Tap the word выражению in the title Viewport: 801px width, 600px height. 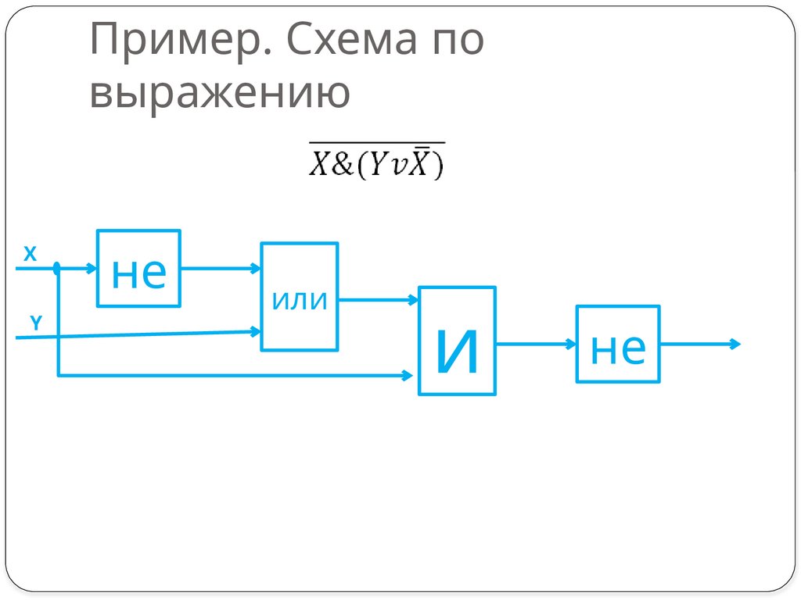pos(219,93)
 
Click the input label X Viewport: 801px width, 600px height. pos(30,254)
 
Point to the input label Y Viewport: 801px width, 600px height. pos(36,321)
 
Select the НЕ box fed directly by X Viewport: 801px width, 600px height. pos(139,268)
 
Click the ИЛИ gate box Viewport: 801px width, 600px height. pos(300,297)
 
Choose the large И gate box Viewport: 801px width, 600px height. pos(458,341)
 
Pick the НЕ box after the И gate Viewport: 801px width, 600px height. pos(618,344)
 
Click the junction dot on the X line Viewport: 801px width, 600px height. pos(57,269)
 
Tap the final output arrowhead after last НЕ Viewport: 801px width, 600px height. pos(734,344)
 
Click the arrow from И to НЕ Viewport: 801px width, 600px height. pos(536,344)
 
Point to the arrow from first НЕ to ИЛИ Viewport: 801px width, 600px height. pos(221,268)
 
